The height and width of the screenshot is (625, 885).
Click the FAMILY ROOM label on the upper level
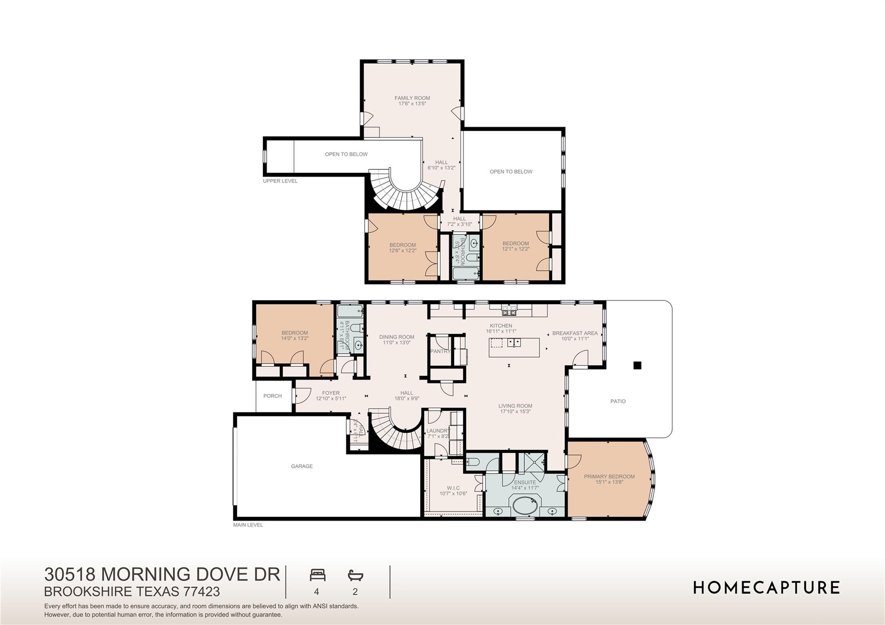(x=412, y=98)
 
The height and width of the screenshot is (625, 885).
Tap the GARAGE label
(x=302, y=466)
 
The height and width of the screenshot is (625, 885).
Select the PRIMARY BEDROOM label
(x=609, y=477)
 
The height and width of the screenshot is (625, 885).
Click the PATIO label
(x=618, y=401)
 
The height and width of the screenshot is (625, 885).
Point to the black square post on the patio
(x=637, y=365)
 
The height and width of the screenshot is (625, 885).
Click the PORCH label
(x=272, y=396)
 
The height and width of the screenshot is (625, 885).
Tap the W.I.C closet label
(x=453, y=488)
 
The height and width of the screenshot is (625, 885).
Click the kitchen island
(x=514, y=348)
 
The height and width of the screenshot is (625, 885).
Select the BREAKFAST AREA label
(x=575, y=333)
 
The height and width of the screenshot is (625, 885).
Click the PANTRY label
(x=440, y=352)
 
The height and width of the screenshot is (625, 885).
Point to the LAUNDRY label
(x=438, y=431)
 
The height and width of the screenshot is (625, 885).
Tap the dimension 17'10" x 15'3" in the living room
(x=515, y=412)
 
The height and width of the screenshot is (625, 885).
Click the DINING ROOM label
(x=397, y=337)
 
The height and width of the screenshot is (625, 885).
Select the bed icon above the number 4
(x=317, y=575)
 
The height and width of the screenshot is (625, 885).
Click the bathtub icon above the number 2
(x=355, y=575)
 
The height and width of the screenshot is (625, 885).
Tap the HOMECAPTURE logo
(x=766, y=588)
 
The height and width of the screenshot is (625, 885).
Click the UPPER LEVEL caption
(x=280, y=181)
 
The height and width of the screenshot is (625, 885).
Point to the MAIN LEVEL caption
(x=248, y=525)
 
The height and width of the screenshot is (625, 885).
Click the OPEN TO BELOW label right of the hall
(x=511, y=172)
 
